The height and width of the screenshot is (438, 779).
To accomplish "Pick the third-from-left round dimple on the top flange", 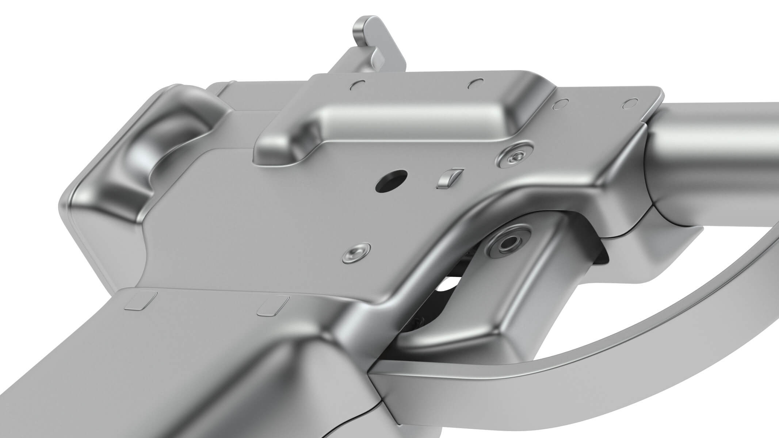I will click(559, 105).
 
